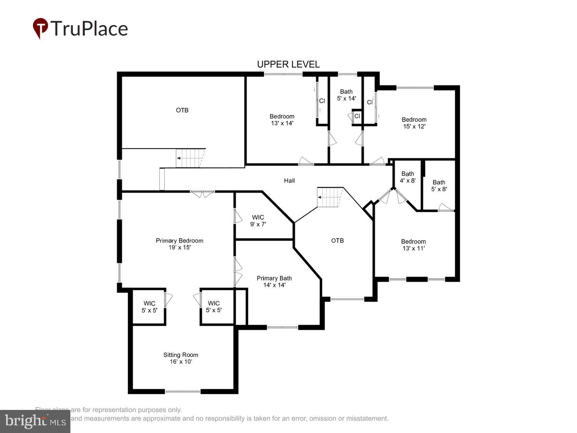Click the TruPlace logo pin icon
[x=40, y=28]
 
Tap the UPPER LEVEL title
[x=288, y=64]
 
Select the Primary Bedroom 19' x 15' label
[x=179, y=244]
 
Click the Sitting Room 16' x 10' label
[x=181, y=358]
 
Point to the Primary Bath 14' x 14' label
[x=274, y=282]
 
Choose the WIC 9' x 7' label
[x=258, y=221]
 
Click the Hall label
[x=289, y=181]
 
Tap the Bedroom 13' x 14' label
[x=282, y=120]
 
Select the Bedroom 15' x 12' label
[x=414, y=123]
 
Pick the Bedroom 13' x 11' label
[x=414, y=245]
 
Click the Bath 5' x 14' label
[x=346, y=95]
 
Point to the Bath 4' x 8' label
[x=408, y=177]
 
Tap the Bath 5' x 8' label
[x=439, y=186]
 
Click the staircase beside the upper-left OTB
[x=189, y=158]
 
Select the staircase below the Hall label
[x=330, y=197]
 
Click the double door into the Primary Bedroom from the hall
[x=203, y=194]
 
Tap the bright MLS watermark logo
[x=35, y=421]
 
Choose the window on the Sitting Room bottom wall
[x=183, y=391]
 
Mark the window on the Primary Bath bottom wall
[x=282, y=328]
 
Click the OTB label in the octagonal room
[x=337, y=241]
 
